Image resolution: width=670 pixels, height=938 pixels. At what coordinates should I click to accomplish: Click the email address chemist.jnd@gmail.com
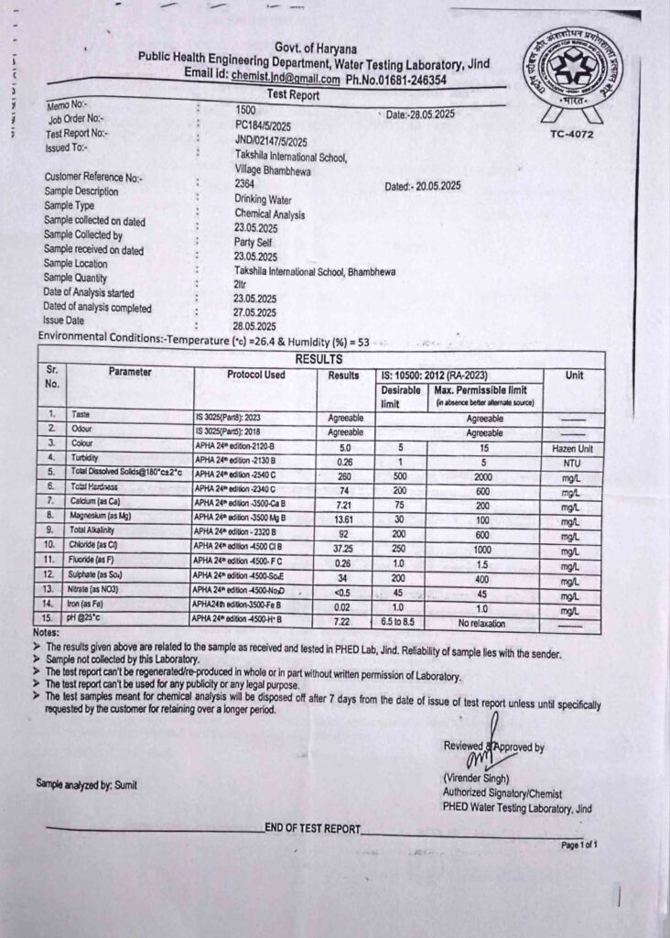click(286, 80)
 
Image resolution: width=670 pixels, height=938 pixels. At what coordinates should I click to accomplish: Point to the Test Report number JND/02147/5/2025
click(271, 141)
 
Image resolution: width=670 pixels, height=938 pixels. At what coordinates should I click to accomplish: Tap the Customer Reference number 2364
click(243, 183)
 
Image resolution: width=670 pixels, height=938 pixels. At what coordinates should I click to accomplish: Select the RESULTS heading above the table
click(319, 359)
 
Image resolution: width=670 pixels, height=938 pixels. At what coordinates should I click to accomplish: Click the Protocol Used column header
click(255, 375)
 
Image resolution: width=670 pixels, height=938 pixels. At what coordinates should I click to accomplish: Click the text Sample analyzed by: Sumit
click(87, 784)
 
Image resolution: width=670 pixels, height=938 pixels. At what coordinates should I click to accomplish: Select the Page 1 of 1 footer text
click(578, 845)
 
